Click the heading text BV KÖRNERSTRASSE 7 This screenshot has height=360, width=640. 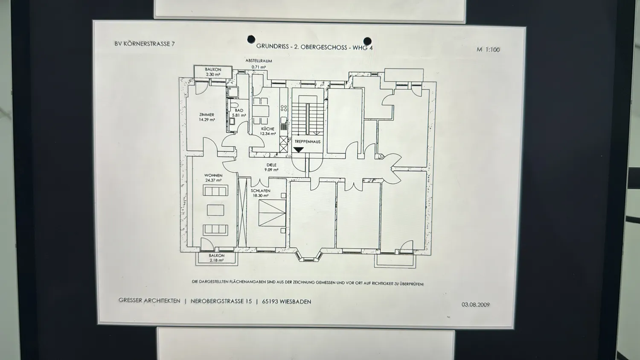click(145, 44)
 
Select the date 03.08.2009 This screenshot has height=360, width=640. click(476, 305)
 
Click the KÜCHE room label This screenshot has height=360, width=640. click(268, 129)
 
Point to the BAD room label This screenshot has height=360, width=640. click(239, 110)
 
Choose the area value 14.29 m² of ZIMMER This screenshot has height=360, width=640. click(207, 120)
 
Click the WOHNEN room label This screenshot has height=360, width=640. click(213, 175)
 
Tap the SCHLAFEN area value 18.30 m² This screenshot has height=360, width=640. click(261, 196)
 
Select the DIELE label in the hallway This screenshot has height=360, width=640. click(271, 165)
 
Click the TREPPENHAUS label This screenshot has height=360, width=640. click(308, 142)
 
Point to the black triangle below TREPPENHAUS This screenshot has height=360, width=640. click(299, 150)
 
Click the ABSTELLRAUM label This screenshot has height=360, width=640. click(259, 61)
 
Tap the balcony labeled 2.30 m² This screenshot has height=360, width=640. click(213, 72)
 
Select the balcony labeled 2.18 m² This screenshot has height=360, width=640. click(217, 258)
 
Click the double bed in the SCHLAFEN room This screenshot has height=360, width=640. click(272, 213)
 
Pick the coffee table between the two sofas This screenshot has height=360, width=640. click(216, 210)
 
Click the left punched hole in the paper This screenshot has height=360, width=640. click(251, 39)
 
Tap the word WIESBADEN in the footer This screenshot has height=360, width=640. click(295, 302)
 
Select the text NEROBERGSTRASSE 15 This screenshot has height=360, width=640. click(221, 301)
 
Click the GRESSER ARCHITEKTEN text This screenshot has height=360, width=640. click(149, 301)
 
